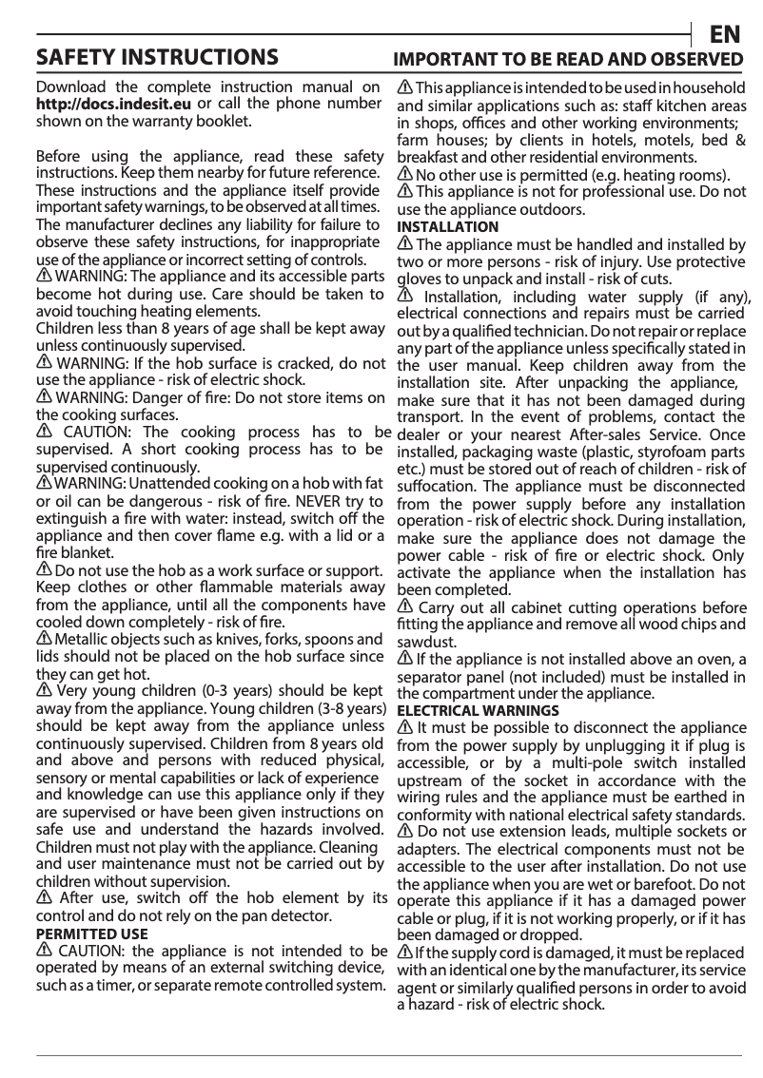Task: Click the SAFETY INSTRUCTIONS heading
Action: (x=157, y=56)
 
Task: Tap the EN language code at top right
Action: (x=725, y=34)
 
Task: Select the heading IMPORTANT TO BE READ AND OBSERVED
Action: (x=569, y=59)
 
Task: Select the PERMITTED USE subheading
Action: (x=91, y=934)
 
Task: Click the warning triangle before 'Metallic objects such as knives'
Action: (x=43, y=638)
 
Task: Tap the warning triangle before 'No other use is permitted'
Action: (x=403, y=175)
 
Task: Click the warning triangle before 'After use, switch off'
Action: (x=43, y=897)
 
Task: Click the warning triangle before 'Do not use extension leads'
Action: (x=403, y=832)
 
